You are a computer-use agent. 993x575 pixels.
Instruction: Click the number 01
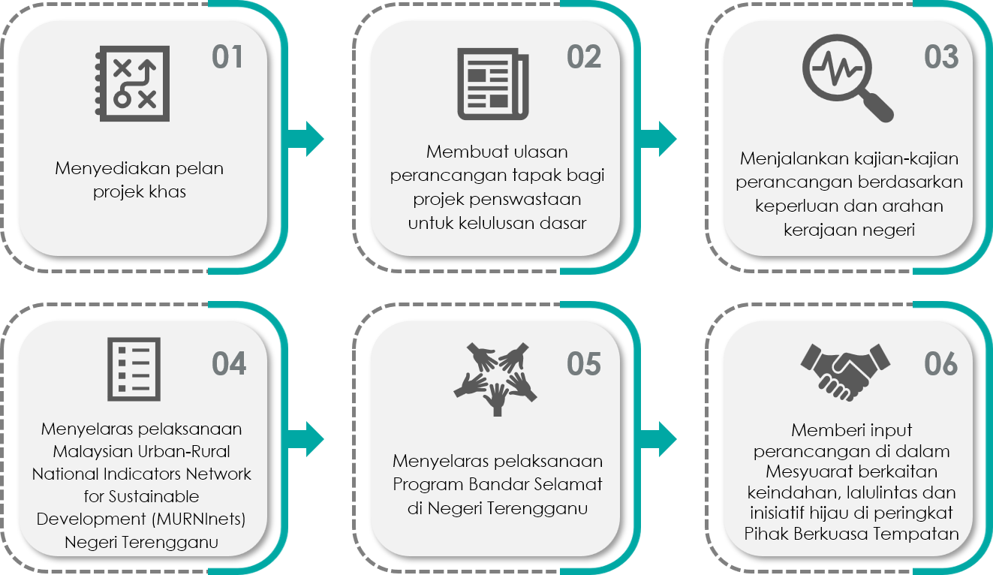click(x=227, y=57)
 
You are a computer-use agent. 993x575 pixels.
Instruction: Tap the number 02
click(x=584, y=57)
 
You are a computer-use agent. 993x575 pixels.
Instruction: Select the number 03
click(x=941, y=57)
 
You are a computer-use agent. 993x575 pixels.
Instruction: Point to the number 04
click(x=229, y=364)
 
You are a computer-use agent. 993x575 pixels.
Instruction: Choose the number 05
click(x=584, y=364)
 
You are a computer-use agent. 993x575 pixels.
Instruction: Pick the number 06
click(x=940, y=364)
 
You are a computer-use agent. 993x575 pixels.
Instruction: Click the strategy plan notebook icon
click(x=133, y=83)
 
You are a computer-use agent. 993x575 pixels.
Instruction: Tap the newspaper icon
click(x=493, y=84)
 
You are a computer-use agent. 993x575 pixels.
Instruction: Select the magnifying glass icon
click(x=847, y=78)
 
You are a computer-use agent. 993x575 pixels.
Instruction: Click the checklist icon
click(x=134, y=369)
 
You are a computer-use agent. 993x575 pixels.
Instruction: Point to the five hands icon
click(x=495, y=379)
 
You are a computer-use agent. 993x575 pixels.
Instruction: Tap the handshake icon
click(x=845, y=372)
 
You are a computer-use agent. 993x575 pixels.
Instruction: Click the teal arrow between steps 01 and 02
click(x=306, y=139)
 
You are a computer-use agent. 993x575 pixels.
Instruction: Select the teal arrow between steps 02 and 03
click(x=658, y=139)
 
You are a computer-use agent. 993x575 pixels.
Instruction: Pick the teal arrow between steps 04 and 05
click(x=306, y=439)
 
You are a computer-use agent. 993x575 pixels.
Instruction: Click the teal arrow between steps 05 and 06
click(x=658, y=439)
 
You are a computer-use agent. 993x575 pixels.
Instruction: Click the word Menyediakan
click(x=113, y=169)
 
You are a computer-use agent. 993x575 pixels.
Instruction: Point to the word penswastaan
click(x=525, y=200)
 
